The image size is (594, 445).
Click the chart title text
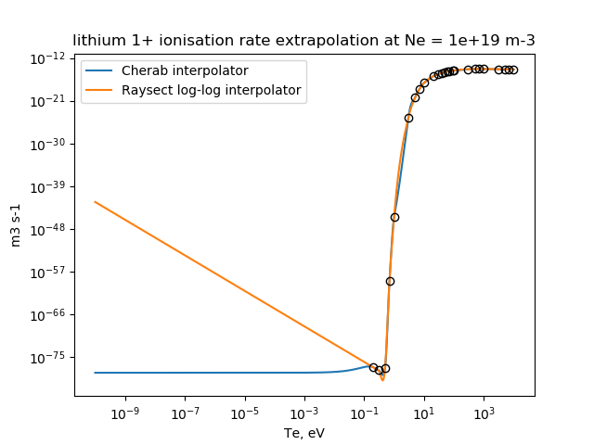(x=304, y=40)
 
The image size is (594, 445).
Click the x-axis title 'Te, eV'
(x=304, y=432)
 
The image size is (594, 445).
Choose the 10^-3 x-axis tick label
(x=303, y=411)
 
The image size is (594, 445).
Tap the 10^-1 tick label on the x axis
(x=364, y=411)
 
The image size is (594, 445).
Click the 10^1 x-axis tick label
(x=424, y=411)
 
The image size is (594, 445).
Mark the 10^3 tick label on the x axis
(x=484, y=411)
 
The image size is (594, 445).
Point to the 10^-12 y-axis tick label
(x=49, y=57)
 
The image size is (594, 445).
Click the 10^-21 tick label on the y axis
(x=49, y=100)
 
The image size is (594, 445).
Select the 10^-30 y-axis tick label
(x=49, y=144)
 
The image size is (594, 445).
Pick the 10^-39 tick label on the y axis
(x=49, y=186)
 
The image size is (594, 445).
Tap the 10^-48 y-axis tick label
(x=49, y=229)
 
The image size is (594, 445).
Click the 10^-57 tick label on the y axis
(x=49, y=272)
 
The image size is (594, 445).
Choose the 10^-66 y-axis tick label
(x=49, y=314)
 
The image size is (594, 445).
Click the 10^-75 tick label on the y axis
(x=49, y=357)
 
